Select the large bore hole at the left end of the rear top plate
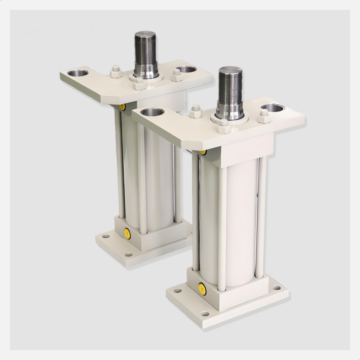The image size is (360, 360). pyautogui.click(x=78, y=74)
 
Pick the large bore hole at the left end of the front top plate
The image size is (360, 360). pyautogui.click(x=150, y=112)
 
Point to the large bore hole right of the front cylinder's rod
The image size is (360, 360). pyautogui.click(x=272, y=108)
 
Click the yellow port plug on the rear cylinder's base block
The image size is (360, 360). pyautogui.click(x=127, y=232)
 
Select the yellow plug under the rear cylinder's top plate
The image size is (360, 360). pyautogui.click(x=122, y=106)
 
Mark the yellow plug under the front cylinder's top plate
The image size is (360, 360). pyautogui.click(x=203, y=152)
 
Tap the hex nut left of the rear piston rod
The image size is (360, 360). pyautogui.click(x=115, y=72)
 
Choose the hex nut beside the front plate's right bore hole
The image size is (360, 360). pyautogui.click(x=263, y=117)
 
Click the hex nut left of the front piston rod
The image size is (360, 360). pyautogui.click(x=195, y=111)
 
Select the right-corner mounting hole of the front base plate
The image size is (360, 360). pyautogui.click(x=277, y=287)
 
